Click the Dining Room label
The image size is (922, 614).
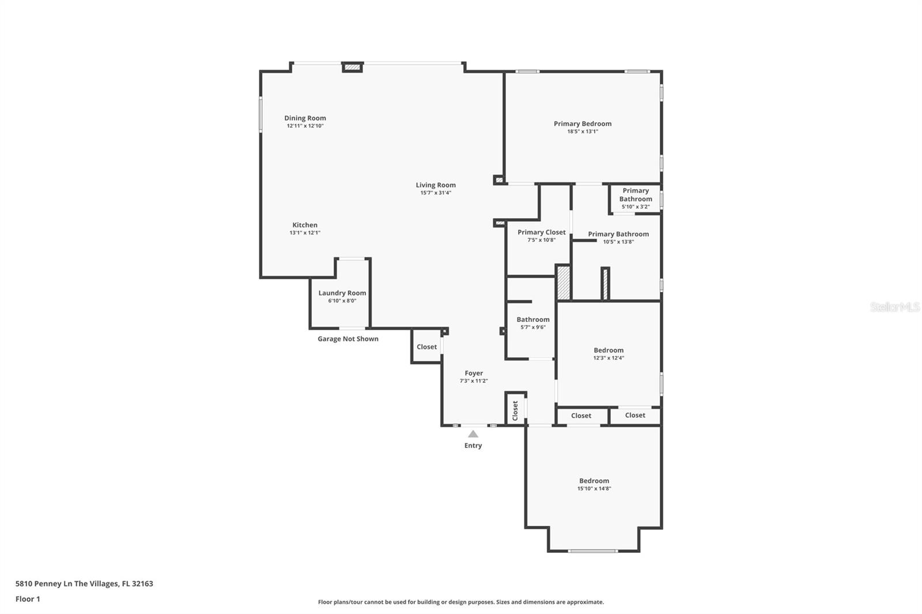coord(305,118)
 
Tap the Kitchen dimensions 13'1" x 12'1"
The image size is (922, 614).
coord(305,233)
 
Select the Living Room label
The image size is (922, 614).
coord(436,185)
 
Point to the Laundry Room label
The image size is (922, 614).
coord(342,293)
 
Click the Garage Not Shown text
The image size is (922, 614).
coord(348,339)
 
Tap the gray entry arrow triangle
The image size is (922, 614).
coord(473,434)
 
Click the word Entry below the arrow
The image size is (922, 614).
coord(473,445)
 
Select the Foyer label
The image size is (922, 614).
coord(474,373)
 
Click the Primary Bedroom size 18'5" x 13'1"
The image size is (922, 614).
coord(583,131)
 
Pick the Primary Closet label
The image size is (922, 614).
coord(541,232)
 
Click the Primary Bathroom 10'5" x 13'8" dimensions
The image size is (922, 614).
coord(618,242)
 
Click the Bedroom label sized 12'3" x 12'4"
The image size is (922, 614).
coord(609,350)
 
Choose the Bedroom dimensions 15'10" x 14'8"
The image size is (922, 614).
coord(594,488)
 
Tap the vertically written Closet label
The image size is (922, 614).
coord(515,410)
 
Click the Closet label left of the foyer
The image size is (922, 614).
coord(427,347)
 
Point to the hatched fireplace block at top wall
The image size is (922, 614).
coord(352,67)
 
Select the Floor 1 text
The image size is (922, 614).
coord(28,599)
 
